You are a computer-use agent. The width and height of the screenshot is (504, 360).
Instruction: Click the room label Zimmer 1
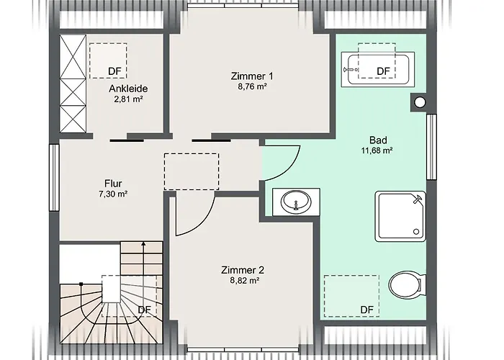252,75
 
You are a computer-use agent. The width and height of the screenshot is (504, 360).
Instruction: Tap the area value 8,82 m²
243,282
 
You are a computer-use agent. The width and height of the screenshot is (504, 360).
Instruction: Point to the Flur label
112,183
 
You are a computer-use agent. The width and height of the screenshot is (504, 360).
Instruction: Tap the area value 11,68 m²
377,151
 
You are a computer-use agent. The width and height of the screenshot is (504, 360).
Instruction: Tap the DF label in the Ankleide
114,71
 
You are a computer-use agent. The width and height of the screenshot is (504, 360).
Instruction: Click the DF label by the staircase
145,310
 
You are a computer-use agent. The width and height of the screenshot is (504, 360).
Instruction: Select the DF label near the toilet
366,310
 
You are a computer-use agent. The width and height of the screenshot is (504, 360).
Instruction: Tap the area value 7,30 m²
112,194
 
